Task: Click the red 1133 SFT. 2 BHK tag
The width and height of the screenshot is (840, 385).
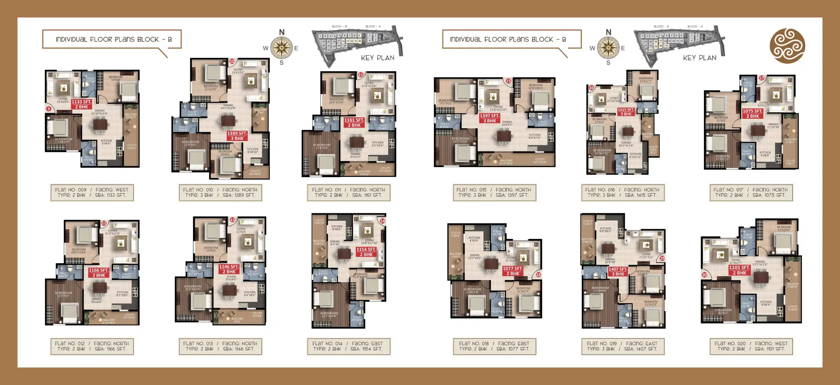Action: pyautogui.click(x=82, y=104)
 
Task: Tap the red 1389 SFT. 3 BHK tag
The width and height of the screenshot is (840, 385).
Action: pyautogui.click(x=237, y=135)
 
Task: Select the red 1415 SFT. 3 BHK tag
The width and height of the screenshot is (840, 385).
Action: pyautogui.click(x=626, y=112)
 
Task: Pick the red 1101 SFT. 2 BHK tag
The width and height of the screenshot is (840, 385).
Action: pyautogui.click(x=740, y=270)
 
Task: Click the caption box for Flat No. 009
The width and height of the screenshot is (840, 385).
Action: pyautogui.click(x=92, y=192)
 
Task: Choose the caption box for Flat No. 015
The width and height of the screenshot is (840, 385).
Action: pyautogui.click(x=494, y=192)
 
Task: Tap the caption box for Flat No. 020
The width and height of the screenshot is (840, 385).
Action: pyautogui.click(x=751, y=346)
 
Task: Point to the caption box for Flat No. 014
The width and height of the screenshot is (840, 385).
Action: pyautogui.click(x=348, y=346)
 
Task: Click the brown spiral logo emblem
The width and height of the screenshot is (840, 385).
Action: pyautogui.click(x=787, y=46)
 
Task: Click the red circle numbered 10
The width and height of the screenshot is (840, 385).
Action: pyautogui.click(x=232, y=61)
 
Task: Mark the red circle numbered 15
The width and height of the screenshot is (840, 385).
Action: pyautogui.click(x=508, y=81)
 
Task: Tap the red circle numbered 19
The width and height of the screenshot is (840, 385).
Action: pyautogui.click(x=662, y=258)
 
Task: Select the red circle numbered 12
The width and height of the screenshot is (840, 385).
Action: pyautogui.click(x=104, y=223)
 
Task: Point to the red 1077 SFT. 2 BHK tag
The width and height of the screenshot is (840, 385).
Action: pyautogui.click(x=513, y=271)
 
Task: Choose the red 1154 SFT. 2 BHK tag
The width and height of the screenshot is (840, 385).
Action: pyautogui.click(x=366, y=252)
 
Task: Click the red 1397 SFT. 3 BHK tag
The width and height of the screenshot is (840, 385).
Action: pyautogui.click(x=489, y=118)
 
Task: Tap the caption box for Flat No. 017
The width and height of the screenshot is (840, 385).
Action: pyautogui.click(x=751, y=192)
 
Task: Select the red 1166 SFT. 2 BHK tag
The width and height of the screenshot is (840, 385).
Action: pyautogui.click(x=99, y=273)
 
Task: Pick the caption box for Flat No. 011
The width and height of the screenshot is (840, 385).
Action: pyautogui.click(x=348, y=192)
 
